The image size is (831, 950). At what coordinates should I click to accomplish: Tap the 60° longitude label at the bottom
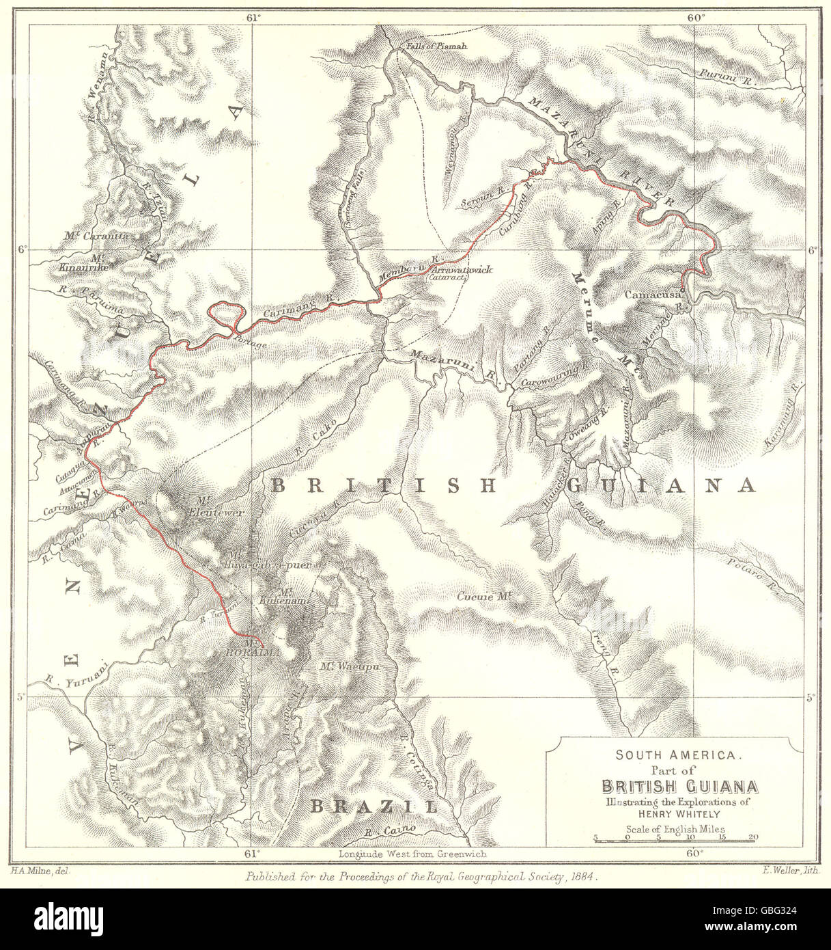pyautogui.click(x=695, y=853)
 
